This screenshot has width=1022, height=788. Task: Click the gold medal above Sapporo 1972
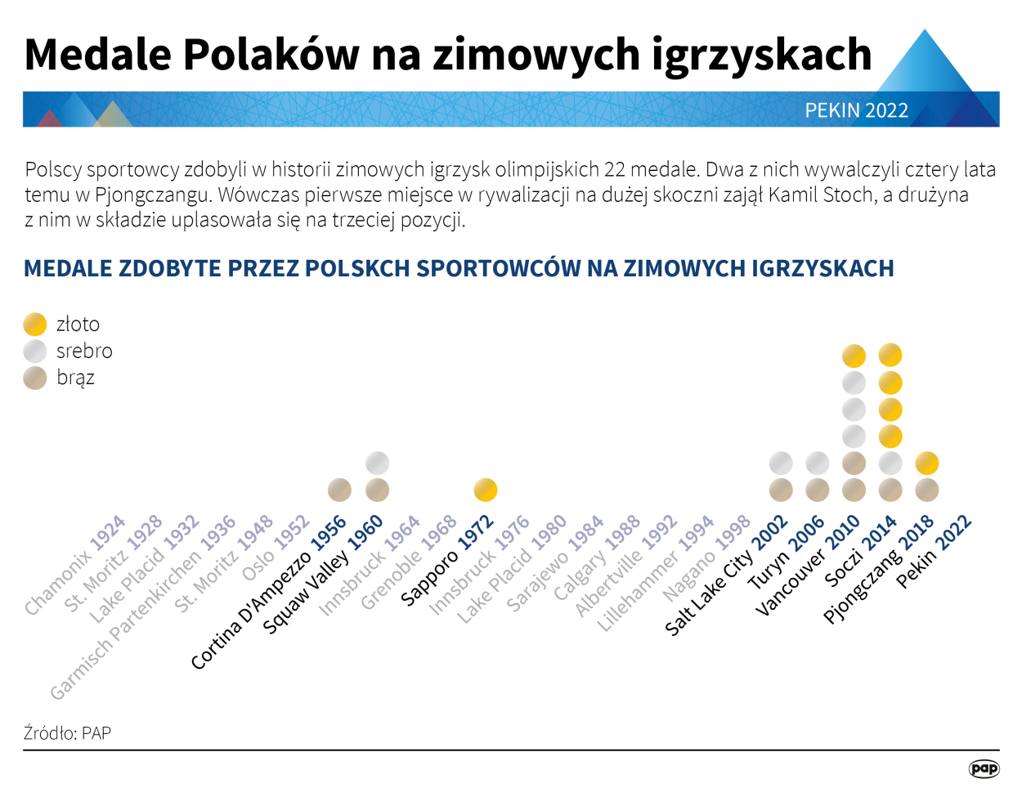[485, 490]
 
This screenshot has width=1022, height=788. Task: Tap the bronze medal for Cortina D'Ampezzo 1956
[339, 490]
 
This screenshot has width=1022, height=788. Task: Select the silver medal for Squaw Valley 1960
[377, 463]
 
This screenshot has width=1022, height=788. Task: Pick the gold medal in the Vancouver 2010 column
[854, 356]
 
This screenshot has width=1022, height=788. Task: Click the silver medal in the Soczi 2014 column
[890, 463]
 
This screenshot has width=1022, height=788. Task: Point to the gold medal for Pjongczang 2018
[926, 463]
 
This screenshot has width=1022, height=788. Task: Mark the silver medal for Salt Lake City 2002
[781, 463]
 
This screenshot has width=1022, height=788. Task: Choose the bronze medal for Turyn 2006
[818, 490]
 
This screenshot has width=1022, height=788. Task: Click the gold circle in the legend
[35, 325]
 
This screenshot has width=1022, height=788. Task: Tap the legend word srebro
[84, 351]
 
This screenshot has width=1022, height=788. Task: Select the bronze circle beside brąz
[35, 378]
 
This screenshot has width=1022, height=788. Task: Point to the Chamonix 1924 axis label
[75, 565]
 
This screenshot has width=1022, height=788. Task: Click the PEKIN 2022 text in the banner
[856, 110]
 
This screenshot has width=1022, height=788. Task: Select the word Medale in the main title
[98, 55]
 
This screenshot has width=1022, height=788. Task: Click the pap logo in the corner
[984, 768]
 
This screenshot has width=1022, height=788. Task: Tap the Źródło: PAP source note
[67, 732]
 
